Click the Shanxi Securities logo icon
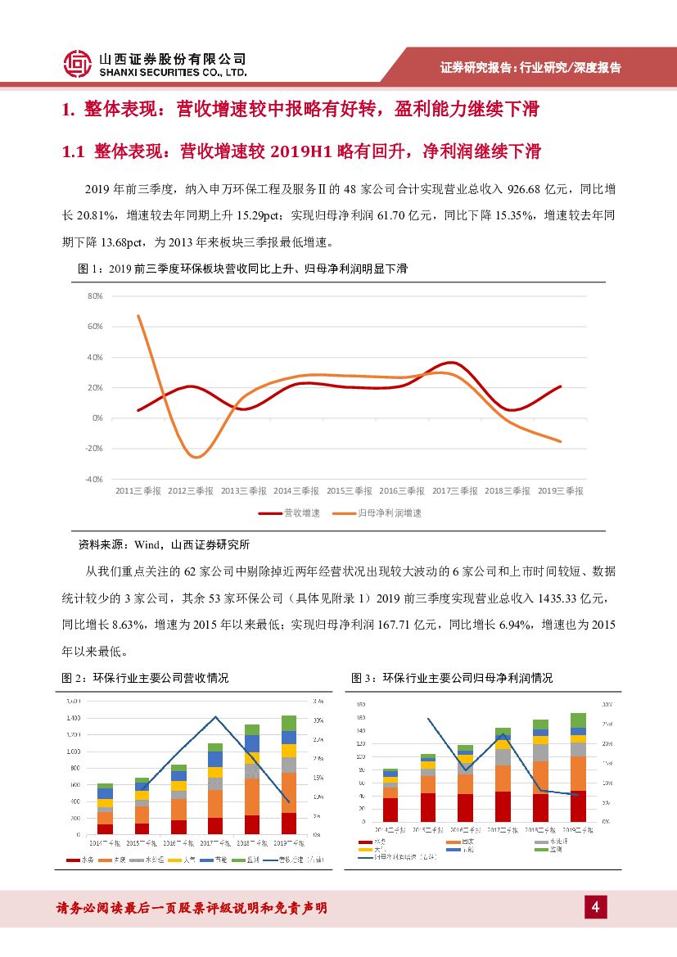pyautogui.click(x=77, y=64)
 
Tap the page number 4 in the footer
pyautogui.click(x=595, y=907)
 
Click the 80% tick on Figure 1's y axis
pyautogui.click(x=96, y=296)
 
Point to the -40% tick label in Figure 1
pyautogui.click(x=94, y=479)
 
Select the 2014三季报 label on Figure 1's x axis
pyautogui.click(x=296, y=491)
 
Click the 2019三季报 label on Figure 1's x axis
pyautogui.click(x=561, y=491)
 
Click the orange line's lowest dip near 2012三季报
pyautogui.click(x=195, y=457)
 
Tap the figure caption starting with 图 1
pyautogui.click(x=241, y=269)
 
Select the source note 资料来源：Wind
pyautogui.click(x=164, y=544)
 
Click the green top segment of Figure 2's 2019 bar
pyautogui.click(x=288, y=723)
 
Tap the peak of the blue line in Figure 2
pyautogui.click(x=215, y=717)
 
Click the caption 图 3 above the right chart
pyautogui.click(x=452, y=679)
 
